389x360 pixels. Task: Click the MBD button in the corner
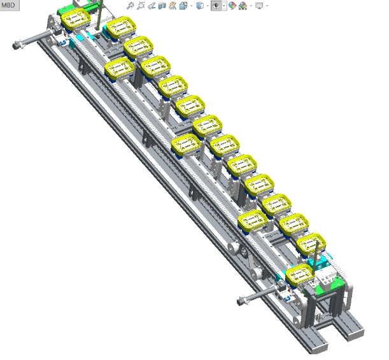8,5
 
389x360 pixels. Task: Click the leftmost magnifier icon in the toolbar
130,6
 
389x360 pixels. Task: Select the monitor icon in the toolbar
259,6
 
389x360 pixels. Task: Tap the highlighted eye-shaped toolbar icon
216,6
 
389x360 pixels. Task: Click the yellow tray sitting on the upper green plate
74,20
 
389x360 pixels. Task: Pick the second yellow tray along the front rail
186,145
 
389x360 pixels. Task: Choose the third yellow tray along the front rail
252,220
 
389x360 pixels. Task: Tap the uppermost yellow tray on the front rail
119,66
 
